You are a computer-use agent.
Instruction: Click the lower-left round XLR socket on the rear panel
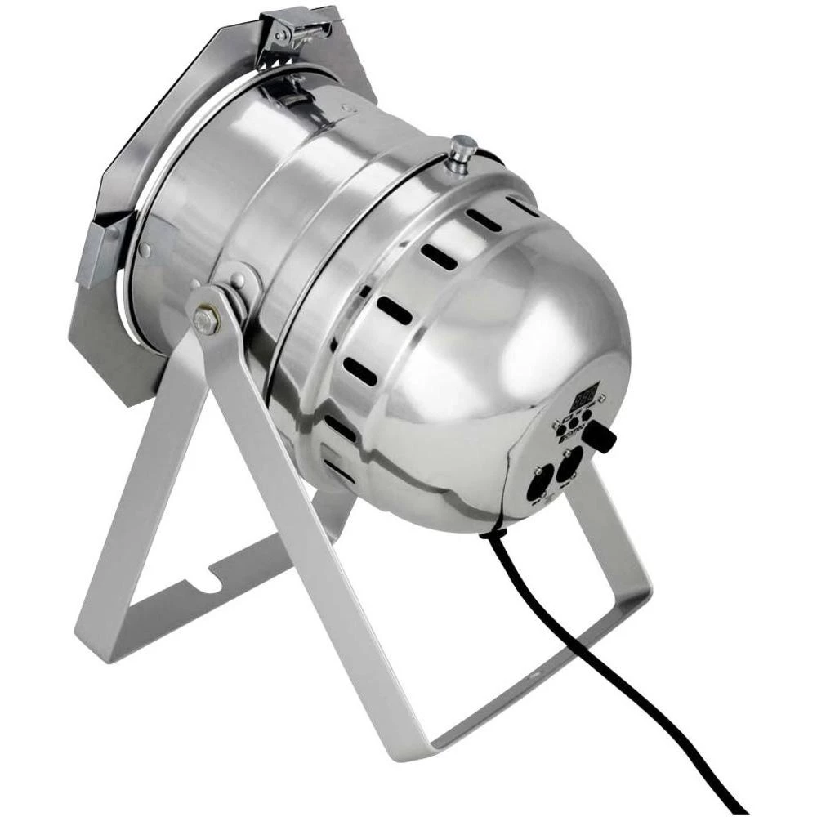538,484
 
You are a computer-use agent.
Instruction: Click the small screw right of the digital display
603,400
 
